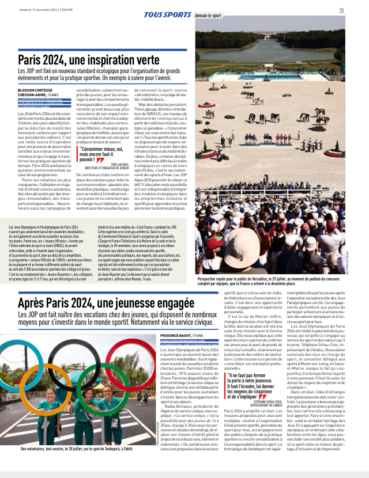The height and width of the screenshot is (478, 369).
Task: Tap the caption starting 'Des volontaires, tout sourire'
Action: (x=83, y=464)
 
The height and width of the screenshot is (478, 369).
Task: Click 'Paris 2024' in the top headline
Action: (x=43, y=59)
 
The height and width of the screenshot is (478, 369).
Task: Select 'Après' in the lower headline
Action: (x=34, y=304)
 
